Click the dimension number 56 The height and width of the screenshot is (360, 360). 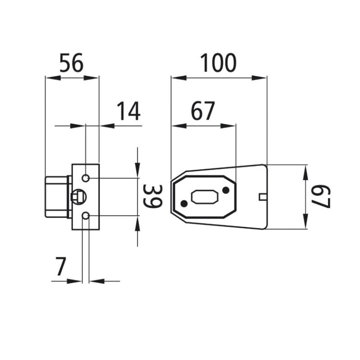click(72, 63)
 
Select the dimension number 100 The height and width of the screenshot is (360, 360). click(218, 63)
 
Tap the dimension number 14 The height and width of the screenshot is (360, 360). click(129, 111)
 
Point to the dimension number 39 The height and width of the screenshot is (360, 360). click(153, 196)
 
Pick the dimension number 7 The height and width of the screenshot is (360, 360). click(61, 266)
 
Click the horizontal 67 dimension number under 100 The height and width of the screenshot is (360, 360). click(203, 111)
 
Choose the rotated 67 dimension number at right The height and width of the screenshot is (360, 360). click(321, 197)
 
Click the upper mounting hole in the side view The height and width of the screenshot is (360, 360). click(85, 178)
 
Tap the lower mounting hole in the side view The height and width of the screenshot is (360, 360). click(85, 216)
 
